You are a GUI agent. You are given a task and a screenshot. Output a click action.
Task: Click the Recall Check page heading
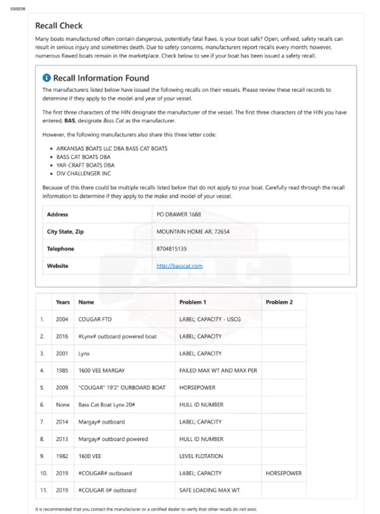click(59, 26)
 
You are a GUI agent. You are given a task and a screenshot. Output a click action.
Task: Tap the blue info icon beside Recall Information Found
click(47, 78)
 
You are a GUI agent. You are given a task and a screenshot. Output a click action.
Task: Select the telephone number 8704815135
click(172, 249)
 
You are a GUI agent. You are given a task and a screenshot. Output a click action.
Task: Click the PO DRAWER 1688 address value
click(178, 214)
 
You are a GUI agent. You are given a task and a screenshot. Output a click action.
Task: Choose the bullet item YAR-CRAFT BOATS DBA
click(85, 165)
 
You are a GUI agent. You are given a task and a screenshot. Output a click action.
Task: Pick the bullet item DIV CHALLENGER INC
click(83, 174)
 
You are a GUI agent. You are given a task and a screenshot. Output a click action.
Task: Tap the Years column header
click(63, 302)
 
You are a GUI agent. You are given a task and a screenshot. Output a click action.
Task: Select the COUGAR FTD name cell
click(94, 319)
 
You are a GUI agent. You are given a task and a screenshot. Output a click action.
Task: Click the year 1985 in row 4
click(63, 370)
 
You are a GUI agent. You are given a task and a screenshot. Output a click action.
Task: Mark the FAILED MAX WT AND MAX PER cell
click(218, 370)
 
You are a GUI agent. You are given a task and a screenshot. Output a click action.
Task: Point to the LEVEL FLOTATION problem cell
click(201, 456)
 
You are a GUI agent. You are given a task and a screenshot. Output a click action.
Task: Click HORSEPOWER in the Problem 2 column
click(284, 473)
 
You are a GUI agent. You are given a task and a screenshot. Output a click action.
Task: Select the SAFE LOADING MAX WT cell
click(210, 490)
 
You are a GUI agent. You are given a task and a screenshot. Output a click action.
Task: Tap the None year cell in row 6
click(63, 405)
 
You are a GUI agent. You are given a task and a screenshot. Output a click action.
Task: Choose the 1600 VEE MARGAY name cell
click(102, 370)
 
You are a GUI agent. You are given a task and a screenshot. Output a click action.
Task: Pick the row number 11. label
click(44, 490)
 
